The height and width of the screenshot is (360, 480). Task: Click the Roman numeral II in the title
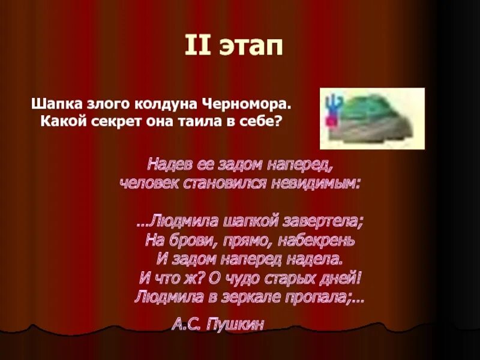tap(197, 46)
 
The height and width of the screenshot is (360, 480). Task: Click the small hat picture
tap(372, 118)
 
